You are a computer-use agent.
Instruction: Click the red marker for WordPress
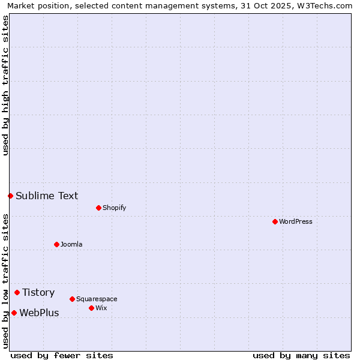pos(275,221)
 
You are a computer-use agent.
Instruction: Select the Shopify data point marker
pos(98,208)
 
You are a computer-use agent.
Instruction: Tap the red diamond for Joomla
pos(56,244)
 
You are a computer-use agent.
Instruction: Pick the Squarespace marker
pos(72,299)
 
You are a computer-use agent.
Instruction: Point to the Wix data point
pos(91,308)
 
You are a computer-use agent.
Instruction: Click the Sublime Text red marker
pos(10,196)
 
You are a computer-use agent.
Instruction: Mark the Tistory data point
pos(17,292)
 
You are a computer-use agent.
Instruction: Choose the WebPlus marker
pos(14,313)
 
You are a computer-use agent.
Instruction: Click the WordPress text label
pos(296,221)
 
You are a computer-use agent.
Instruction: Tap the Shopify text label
pos(114,208)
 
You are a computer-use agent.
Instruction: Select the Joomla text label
pos(71,244)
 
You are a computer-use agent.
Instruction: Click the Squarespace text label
pos(97,299)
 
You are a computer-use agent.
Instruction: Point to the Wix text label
pos(101,308)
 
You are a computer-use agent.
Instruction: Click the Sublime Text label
pos(47,196)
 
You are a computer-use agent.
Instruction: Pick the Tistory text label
pos(38,292)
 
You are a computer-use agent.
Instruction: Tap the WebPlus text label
pos(39,313)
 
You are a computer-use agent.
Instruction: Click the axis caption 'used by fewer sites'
pos(62,355)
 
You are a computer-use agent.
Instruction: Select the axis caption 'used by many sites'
pos(301,355)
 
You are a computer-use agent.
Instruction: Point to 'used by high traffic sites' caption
pos(5,85)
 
